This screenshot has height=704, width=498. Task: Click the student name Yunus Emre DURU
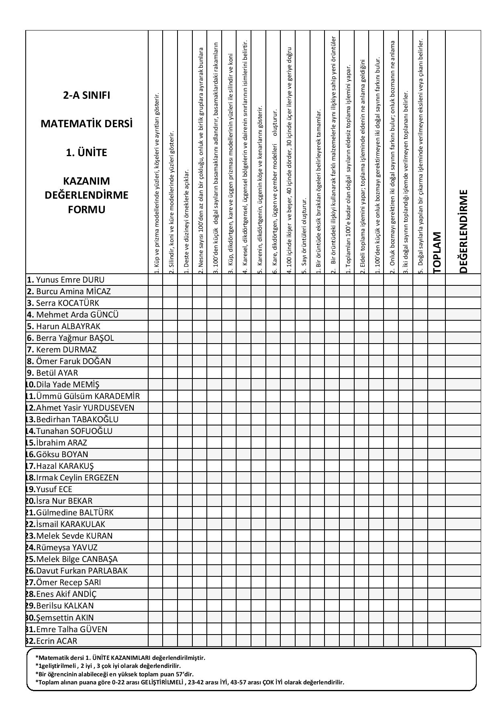(x=70, y=280)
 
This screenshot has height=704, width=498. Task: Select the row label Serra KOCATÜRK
(x=67, y=303)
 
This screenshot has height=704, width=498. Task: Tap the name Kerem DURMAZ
(x=66, y=350)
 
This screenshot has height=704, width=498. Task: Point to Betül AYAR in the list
(x=57, y=373)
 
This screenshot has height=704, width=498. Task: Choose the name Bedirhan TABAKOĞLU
(x=77, y=419)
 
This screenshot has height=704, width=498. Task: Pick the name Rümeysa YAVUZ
(x=67, y=547)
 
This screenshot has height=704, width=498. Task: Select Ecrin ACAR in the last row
(x=57, y=641)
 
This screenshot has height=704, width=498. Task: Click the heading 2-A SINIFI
(x=86, y=96)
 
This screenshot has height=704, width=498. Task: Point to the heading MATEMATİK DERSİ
(x=86, y=124)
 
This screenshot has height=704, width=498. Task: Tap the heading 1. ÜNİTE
(x=86, y=153)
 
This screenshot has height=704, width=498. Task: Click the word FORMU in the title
(x=86, y=210)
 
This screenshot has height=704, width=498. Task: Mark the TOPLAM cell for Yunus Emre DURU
(x=437, y=280)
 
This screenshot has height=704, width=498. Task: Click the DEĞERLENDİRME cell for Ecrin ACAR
(x=463, y=641)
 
